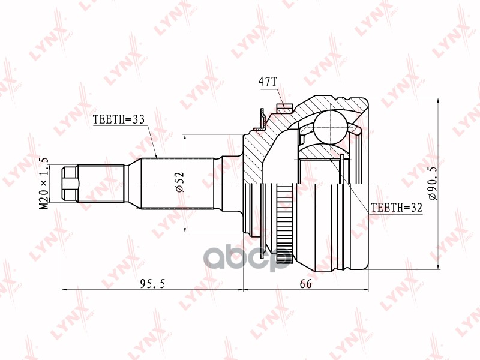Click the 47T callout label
pos(268,82)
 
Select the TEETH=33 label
pos(118,119)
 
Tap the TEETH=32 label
pos(397,208)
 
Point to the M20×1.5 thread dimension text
pos(44,184)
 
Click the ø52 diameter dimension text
pos(180,182)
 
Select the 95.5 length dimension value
pos(152,284)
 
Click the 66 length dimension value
pos(305,284)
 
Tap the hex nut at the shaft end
pos(70,184)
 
